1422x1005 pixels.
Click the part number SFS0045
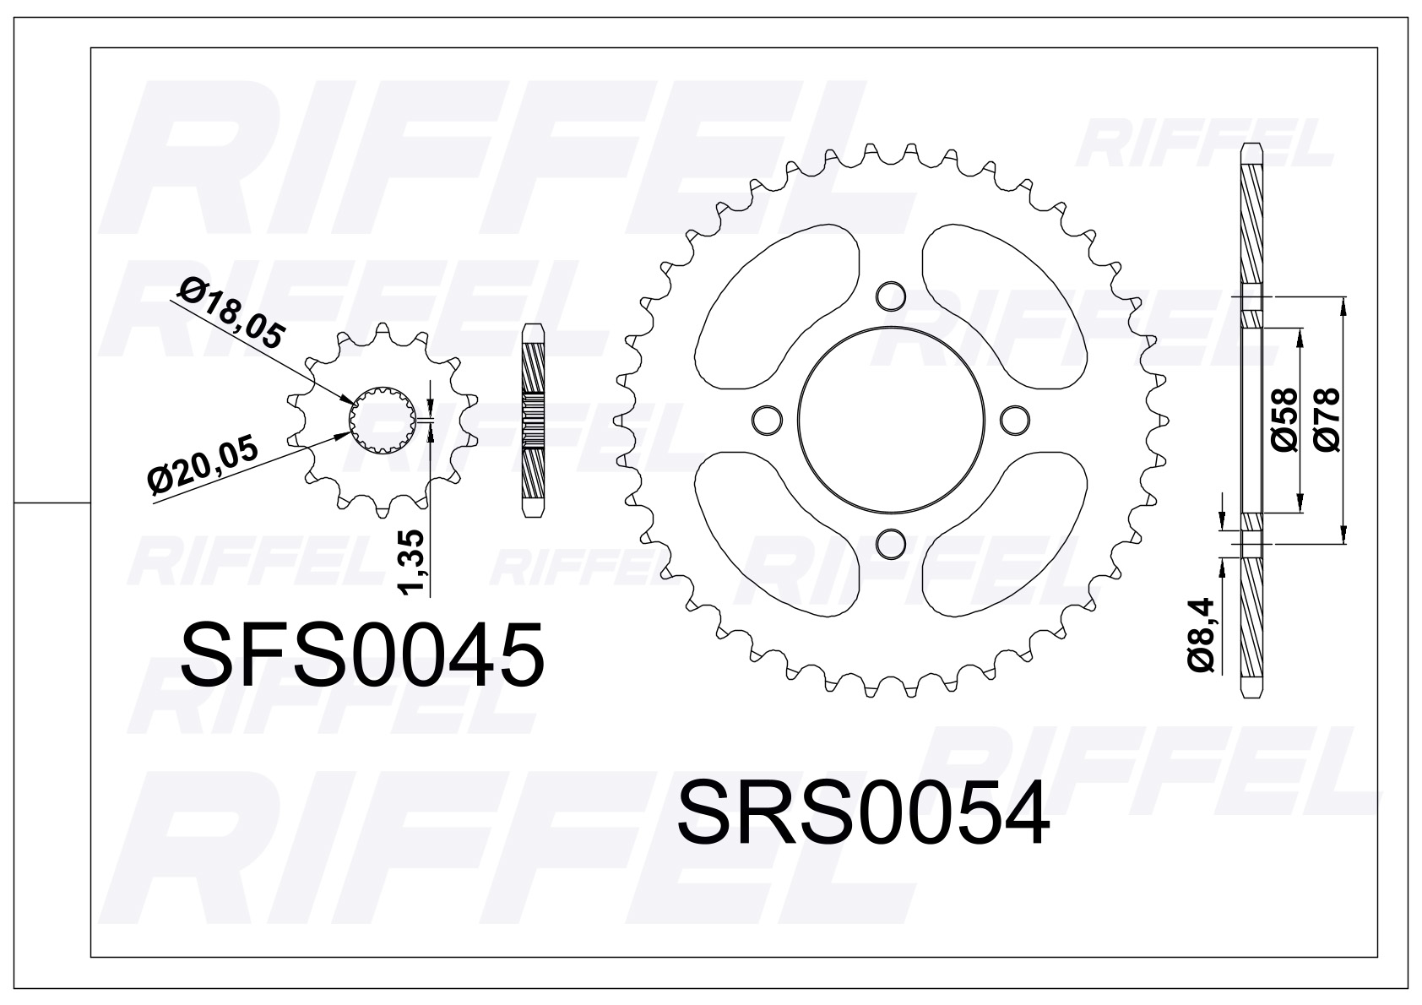[362, 656]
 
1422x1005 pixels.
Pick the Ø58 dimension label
[1284, 420]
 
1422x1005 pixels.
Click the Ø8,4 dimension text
[1202, 634]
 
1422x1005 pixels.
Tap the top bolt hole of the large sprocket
[890, 296]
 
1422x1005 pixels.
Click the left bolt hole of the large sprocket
[766, 419]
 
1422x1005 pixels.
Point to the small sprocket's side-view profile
[533, 420]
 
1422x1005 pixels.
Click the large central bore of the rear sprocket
[890, 419]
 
